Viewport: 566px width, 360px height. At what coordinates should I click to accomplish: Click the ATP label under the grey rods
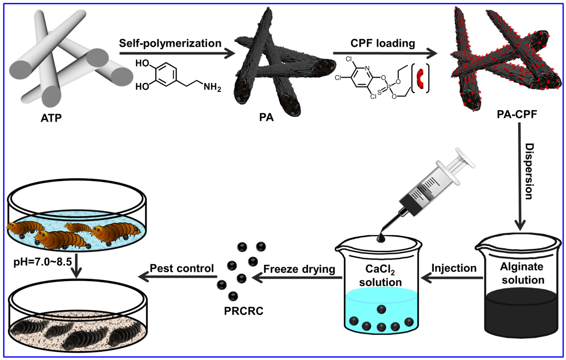tap(51, 118)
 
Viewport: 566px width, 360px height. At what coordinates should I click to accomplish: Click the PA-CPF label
tap(517, 114)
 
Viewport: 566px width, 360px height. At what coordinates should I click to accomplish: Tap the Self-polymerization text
tap(170, 43)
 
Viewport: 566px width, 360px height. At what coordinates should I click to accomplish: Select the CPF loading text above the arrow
tap(383, 43)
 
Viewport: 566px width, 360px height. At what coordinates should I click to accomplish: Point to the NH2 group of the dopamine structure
tap(212, 86)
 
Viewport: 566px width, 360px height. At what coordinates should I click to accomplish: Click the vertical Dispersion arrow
tap(520, 176)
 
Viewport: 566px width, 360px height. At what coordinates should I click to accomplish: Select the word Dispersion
tap(529, 171)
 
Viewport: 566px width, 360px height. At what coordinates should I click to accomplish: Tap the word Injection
tap(454, 268)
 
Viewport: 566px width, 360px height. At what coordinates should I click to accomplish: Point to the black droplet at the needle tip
tap(381, 238)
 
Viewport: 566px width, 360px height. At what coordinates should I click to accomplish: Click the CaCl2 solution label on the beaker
tap(380, 276)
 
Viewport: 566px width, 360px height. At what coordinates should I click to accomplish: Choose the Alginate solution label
tap(522, 273)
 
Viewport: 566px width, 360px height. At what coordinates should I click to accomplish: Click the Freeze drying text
tap(299, 269)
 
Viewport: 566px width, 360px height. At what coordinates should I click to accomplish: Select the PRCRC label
tap(243, 311)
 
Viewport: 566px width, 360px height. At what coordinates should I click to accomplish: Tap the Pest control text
tap(182, 268)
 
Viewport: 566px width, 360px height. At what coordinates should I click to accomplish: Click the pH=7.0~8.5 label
tap(42, 262)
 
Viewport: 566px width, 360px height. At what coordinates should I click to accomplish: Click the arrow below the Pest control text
tap(177, 277)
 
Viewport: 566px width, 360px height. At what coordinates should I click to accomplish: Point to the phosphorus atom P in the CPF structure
tap(388, 86)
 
